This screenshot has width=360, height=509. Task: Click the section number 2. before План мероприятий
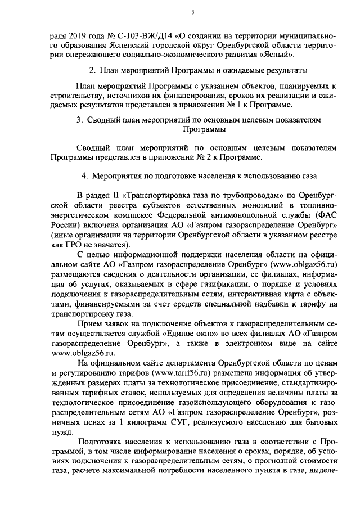93,71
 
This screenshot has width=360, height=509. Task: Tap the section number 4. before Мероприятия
84,175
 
